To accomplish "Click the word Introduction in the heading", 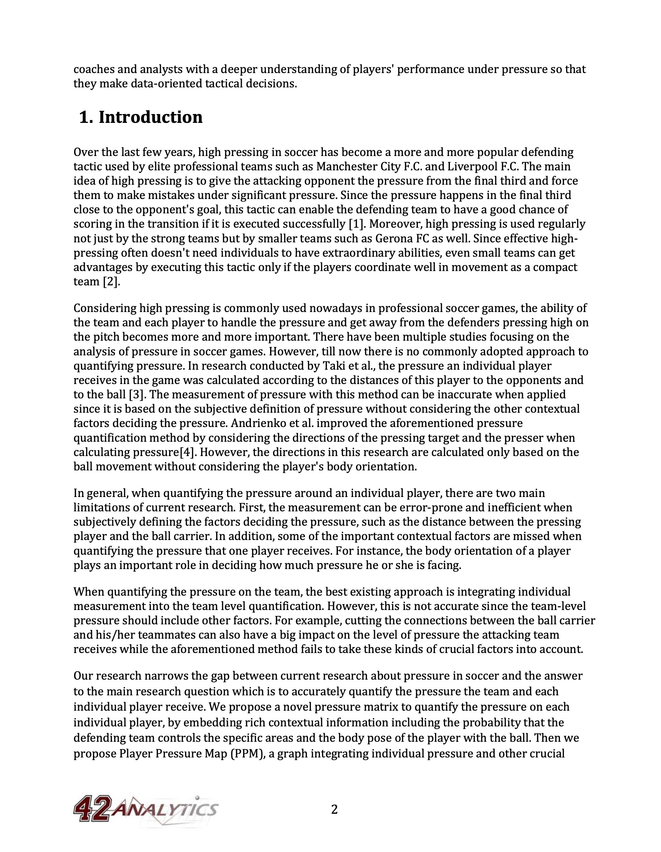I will [150, 117].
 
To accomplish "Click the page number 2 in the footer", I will [334, 810].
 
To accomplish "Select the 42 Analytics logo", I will [145, 811].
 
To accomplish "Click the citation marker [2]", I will [111, 282].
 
